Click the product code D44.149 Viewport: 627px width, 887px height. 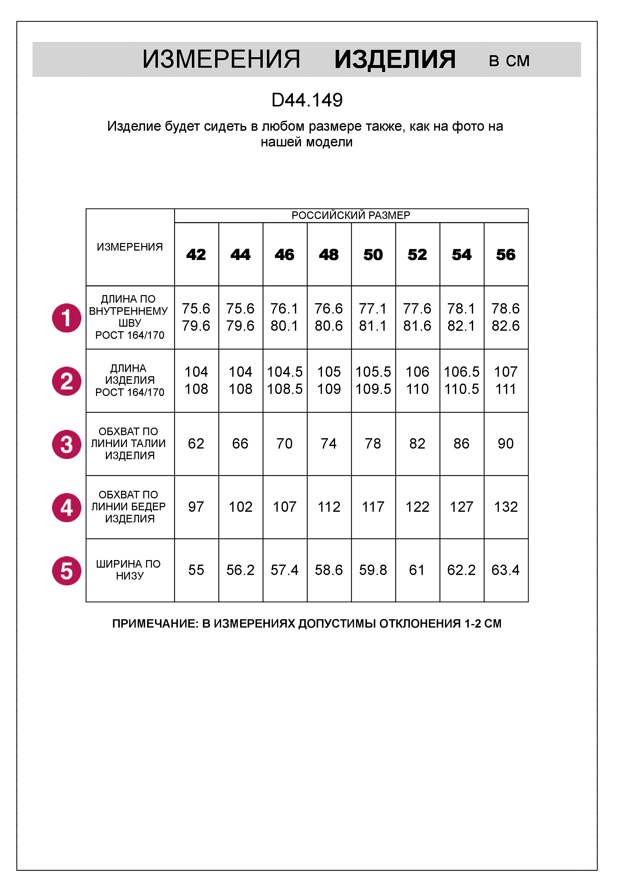point(307,100)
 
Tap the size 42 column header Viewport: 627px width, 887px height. point(196,255)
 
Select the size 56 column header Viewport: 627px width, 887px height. point(506,255)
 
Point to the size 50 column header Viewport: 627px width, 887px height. point(373,255)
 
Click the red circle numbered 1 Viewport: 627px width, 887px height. point(67,318)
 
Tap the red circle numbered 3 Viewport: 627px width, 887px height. point(67,444)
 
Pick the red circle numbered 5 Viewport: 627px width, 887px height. point(67,571)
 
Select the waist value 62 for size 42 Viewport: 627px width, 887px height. point(196,443)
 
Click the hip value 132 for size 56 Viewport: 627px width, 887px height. point(506,507)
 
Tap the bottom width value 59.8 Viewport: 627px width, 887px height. point(373,570)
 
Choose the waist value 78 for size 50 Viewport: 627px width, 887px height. point(373,443)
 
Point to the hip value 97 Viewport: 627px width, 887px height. point(196,507)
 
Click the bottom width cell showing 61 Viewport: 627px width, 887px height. point(417,570)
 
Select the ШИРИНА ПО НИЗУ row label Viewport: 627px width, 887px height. point(129,570)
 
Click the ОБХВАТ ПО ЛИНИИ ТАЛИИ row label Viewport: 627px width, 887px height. point(129,443)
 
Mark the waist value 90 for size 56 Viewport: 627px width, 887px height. point(506,443)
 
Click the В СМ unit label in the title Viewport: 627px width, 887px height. point(509,61)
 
